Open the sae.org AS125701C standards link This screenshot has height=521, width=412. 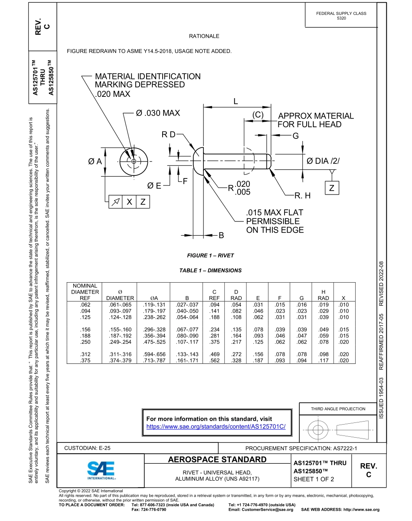pos(216,427)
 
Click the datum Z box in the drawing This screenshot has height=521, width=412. pos(332,188)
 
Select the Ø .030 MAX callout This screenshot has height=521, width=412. pos(157,113)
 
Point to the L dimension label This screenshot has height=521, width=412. pos(235,102)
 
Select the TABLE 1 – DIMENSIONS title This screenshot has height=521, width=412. pos(210,270)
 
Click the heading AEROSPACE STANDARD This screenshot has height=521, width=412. pos(217,460)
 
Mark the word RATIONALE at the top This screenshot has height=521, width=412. pos(204,36)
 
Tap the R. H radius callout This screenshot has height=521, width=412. pos(303,196)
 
